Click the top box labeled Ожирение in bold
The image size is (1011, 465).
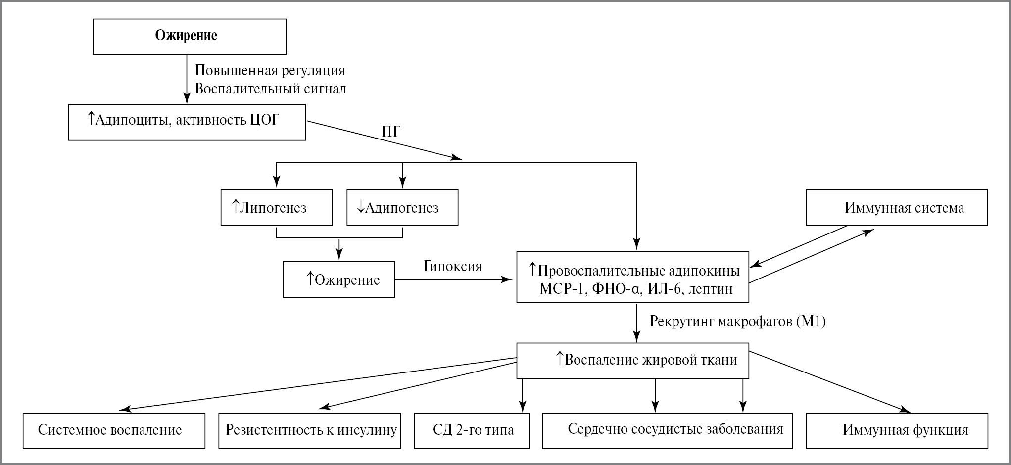coord(190,37)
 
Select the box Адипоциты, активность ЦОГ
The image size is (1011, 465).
coord(187,122)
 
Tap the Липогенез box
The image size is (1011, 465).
coord(276,208)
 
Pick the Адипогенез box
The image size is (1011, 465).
coord(402,208)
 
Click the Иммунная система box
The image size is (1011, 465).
coord(897,208)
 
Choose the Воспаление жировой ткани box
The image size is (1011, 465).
coord(632,361)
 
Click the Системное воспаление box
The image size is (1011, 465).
coord(114,430)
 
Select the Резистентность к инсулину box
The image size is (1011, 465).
coord(310,430)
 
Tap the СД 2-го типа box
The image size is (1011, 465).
coord(472,430)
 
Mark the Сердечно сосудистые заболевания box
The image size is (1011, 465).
coord(667,430)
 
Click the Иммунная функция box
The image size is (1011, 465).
coord(897,430)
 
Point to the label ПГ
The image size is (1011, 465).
coord(391,132)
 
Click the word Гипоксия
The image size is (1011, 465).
coord(452,267)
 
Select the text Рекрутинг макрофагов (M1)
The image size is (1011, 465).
coord(737,322)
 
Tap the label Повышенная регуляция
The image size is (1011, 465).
coord(270,71)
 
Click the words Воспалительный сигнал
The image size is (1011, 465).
coord(270,89)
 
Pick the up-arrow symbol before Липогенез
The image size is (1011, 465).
coord(236,206)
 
